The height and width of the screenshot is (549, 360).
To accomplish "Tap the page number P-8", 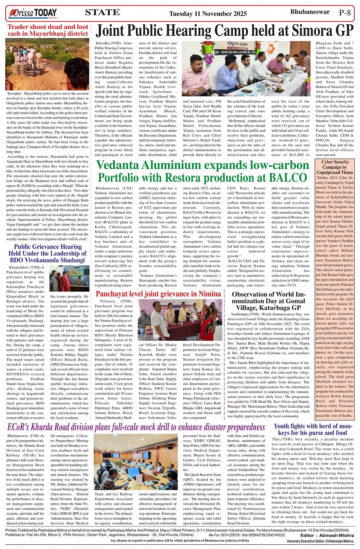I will coord(344,13).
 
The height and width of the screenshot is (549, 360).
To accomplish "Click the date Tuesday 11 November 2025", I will coord(208,14).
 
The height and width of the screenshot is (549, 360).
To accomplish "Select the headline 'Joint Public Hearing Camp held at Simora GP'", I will coord(225,30).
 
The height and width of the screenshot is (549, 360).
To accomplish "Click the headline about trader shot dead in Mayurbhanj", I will coord(48,30).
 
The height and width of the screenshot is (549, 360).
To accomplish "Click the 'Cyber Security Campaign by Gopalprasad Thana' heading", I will coord(335,167).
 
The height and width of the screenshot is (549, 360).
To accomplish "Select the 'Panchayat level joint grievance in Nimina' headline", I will coord(158,294).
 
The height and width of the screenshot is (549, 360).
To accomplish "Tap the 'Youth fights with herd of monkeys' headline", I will coord(313,429).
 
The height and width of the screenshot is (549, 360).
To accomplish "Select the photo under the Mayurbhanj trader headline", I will coord(47,64).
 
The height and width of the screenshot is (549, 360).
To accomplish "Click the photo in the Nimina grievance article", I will coord(180,320).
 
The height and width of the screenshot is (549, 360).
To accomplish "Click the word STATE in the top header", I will coord(102,13).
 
